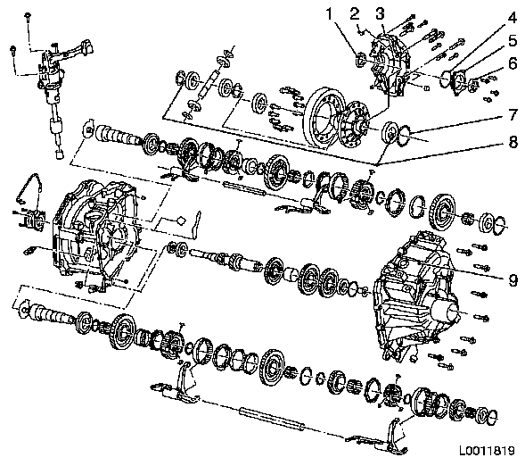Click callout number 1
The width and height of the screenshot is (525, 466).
click(x=330, y=15)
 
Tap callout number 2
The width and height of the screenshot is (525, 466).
click(x=355, y=13)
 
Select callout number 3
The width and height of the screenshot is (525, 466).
click(x=380, y=13)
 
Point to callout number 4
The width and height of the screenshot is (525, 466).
click(x=513, y=18)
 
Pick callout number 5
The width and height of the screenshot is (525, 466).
click(x=513, y=40)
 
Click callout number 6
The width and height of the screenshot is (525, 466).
click(x=513, y=63)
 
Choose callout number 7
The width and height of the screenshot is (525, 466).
click(x=513, y=114)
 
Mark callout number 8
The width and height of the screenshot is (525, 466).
click(x=513, y=142)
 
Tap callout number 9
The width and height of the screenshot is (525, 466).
click(x=513, y=280)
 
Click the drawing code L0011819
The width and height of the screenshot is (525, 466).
click(x=487, y=451)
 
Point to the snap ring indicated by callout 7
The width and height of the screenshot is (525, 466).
click(x=404, y=136)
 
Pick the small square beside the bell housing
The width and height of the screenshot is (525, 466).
click(x=180, y=221)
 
